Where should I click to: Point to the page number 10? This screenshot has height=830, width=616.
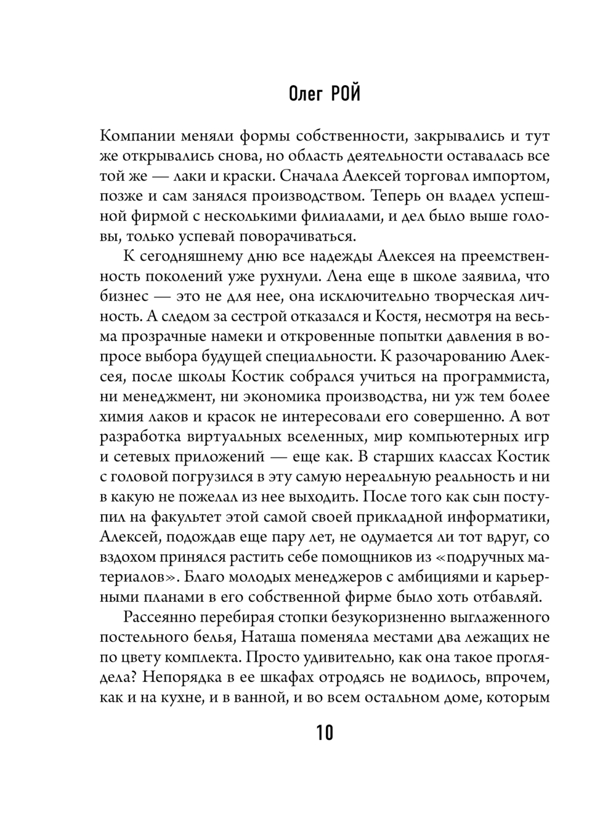pos(325,733)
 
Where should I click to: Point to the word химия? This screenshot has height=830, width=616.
pos(118,416)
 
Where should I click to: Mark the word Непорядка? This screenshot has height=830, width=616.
pos(195,678)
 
